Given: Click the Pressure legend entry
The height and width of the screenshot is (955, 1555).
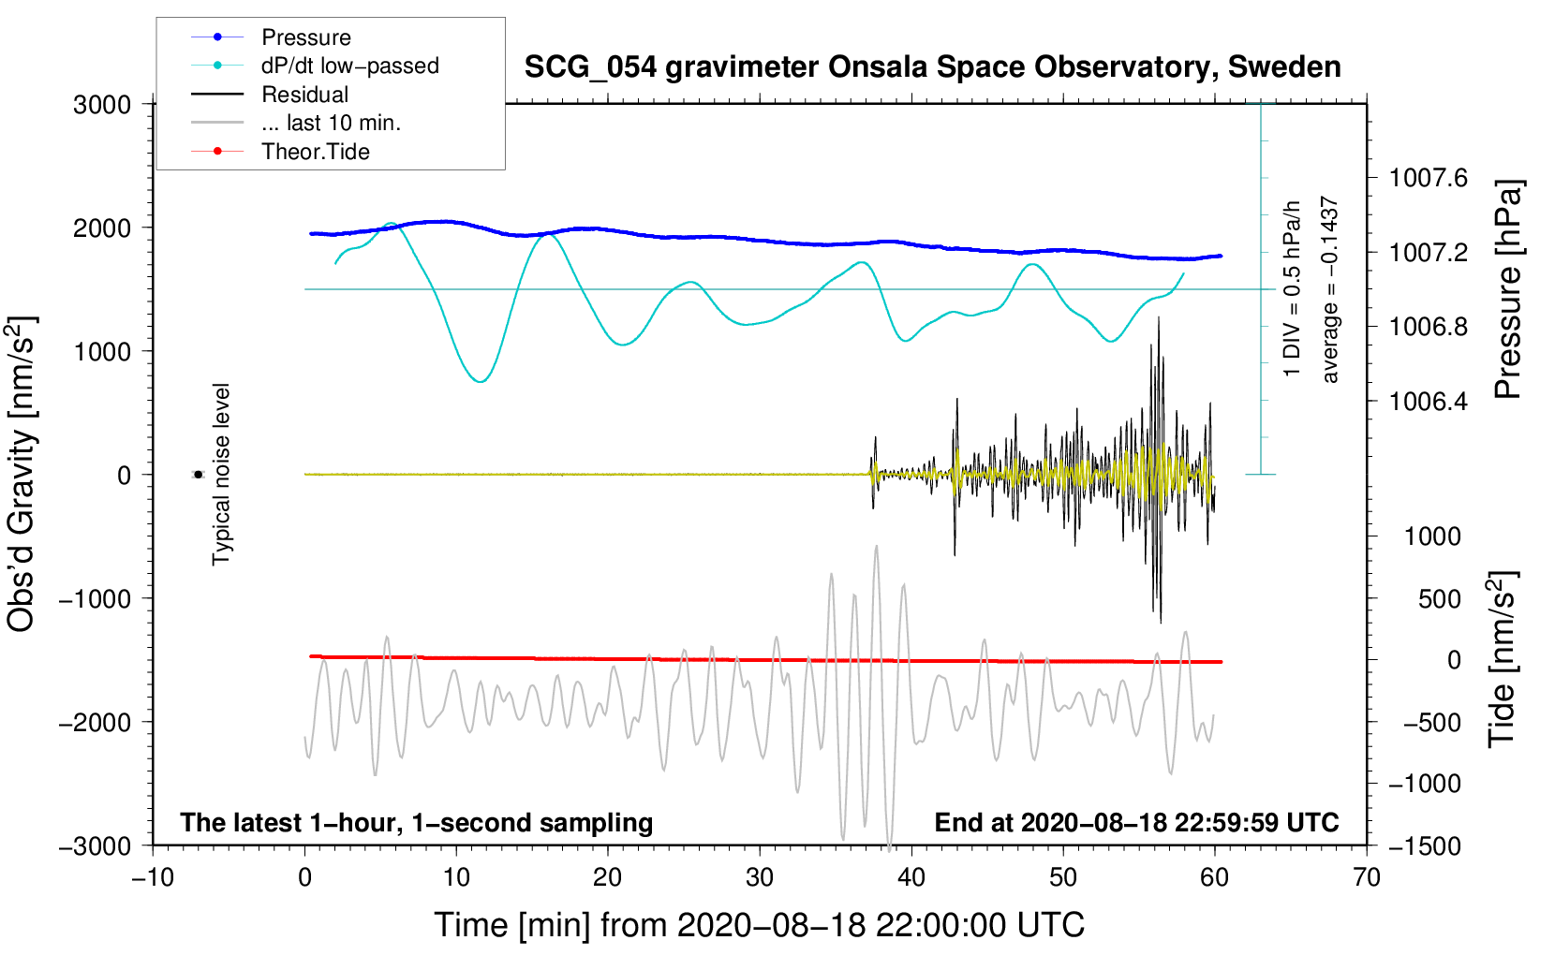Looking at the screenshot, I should point(305,37).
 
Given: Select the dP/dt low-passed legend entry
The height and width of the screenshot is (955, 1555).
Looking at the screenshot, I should point(349,66).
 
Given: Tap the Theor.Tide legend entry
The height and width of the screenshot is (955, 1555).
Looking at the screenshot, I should point(315,152).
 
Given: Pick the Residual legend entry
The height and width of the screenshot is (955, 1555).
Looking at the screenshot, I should point(304,95).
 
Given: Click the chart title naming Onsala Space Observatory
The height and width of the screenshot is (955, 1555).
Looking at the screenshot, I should point(932,67).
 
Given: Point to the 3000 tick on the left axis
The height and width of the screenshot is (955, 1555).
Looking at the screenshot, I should point(102,105).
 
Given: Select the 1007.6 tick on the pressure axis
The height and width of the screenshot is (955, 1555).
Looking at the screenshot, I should point(1429,178).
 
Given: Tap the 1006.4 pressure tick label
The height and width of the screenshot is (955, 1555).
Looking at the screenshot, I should point(1429,402).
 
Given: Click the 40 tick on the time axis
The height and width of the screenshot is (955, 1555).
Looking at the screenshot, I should point(911,878).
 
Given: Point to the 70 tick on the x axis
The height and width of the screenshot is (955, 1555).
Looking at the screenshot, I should point(1367,878).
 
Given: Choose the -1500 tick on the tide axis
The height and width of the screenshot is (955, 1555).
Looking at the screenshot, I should point(1424,845).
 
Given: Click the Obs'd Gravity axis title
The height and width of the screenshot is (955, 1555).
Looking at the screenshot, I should point(22,474).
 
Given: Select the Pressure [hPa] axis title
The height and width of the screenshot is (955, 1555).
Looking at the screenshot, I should point(1507,289).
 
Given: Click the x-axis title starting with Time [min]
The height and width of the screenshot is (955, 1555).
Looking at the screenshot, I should point(759,925).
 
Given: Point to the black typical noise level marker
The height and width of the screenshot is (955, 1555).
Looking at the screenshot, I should point(198,475).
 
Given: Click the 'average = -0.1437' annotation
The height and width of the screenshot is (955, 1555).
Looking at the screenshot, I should point(1329,289).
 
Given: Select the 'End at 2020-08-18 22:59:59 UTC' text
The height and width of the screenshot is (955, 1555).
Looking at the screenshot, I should point(1136,823).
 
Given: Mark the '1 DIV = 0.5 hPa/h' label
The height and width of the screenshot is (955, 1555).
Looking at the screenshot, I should point(1293,289).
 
